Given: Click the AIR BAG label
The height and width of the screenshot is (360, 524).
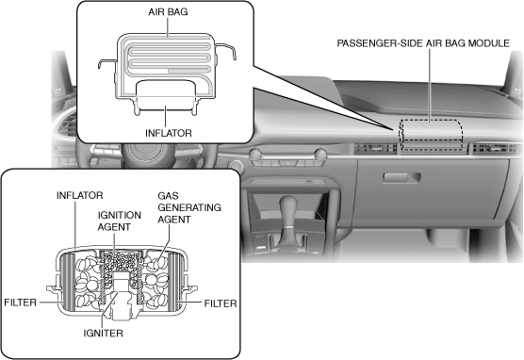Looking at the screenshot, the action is coord(168,12).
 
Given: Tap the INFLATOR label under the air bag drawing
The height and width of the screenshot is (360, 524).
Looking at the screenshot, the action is coord(169,133).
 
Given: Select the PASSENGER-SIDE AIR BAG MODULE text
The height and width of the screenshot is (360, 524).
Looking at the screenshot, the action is coord(423,43).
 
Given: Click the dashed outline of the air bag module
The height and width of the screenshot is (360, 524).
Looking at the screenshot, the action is coord(431,120).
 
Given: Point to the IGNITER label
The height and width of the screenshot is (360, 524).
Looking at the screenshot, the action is coord(104,334).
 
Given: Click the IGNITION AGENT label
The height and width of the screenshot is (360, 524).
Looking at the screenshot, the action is coord(120,221).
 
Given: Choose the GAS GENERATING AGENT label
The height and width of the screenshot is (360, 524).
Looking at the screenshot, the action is coord(189,207).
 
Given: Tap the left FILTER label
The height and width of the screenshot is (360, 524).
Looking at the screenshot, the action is coord(20,303).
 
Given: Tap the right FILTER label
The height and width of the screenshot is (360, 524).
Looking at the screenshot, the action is coord(221,303).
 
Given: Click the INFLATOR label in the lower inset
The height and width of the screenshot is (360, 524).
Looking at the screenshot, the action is coord(79,195).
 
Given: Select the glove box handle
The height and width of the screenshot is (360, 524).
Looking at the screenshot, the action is coord(401,177).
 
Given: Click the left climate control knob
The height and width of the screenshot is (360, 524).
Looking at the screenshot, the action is coord(255,155).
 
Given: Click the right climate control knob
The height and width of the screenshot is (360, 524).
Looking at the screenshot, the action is coord(320,155).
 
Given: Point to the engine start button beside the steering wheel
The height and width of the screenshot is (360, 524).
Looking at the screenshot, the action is coord(237,166).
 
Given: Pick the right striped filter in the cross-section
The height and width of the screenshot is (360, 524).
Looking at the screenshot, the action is coord(174,282).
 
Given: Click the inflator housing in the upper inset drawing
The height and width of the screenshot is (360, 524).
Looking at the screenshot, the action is coord(166,97).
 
